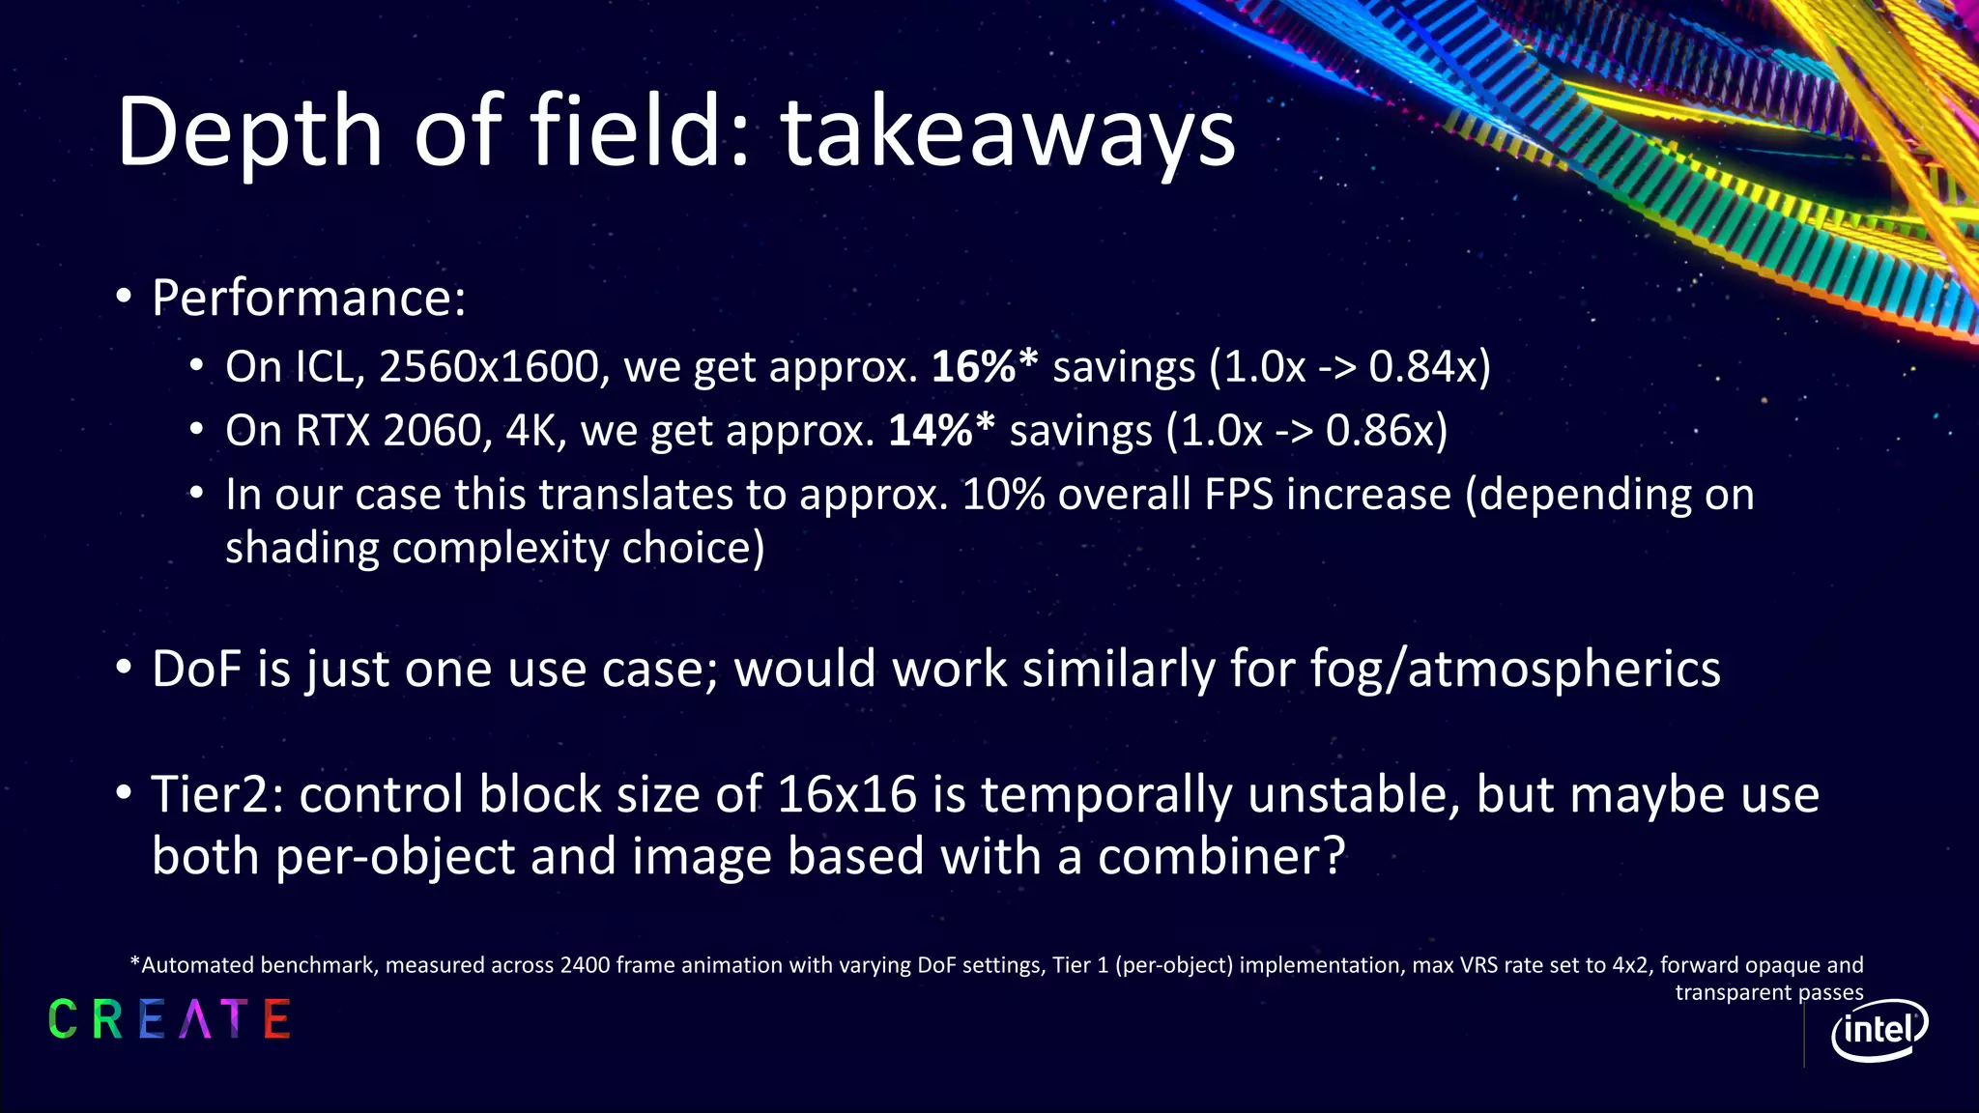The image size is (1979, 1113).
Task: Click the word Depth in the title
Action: pyautogui.click(x=249, y=133)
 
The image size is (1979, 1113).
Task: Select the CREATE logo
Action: pyautogui.click(x=169, y=1020)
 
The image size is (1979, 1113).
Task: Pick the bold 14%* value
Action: pyautogui.click(x=941, y=431)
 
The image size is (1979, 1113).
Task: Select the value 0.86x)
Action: pyautogui.click(x=1387, y=431)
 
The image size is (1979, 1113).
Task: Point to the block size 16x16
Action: pyautogui.click(x=846, y=795)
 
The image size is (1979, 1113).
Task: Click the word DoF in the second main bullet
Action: pyautogui.click(x=197, y=670)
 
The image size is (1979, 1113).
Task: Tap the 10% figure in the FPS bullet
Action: pyautogui.click(x=1003, y=495)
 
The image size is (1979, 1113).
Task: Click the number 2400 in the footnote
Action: pyautogui.click(x=585, y=965)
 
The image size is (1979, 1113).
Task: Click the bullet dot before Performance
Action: pyautogui.click(x=124, y=297)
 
